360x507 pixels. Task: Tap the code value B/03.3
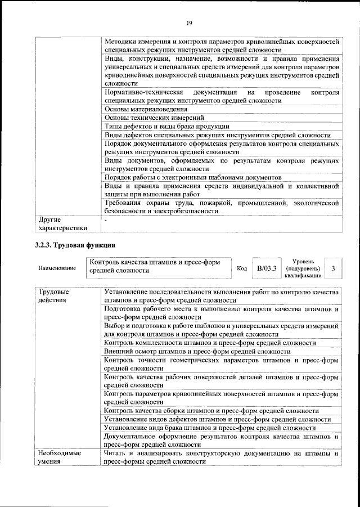point(267,268)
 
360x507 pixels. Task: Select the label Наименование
point(57,269)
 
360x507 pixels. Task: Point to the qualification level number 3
point(334,268)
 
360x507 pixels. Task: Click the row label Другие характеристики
point(61,223)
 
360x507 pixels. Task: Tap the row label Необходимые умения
point(58,457)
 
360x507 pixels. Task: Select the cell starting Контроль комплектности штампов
point(210,343)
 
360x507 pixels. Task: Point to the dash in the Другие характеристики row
point(106,219)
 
